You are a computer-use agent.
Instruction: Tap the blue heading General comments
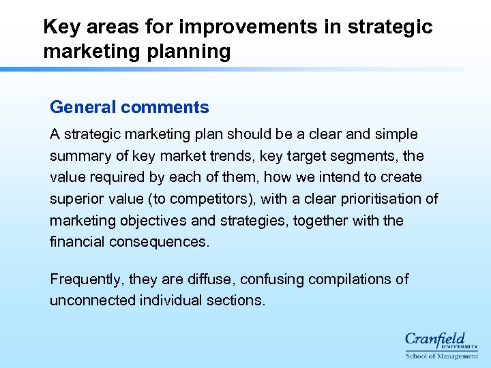pos(130,107)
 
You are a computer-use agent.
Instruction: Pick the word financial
pos(75,242)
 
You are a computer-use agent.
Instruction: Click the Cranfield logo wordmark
pos(434,339)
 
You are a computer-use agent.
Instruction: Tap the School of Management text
pos(442,356)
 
